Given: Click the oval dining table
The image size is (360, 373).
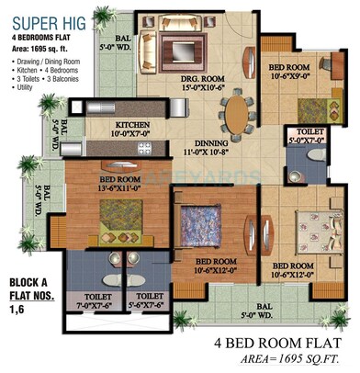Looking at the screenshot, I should pos(235,116).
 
